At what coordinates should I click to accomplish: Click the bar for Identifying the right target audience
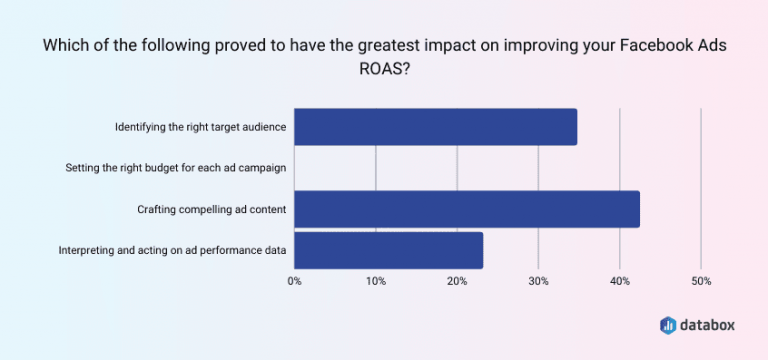(436, 127)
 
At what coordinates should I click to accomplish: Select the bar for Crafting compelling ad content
(467, 209)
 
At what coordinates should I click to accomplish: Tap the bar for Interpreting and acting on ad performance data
(389, 250)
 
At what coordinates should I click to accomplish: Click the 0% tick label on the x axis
(295, 282)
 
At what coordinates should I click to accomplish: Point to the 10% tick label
(376, 282)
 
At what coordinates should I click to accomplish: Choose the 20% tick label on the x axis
(457, 282)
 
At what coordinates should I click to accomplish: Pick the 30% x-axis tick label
(538, 282)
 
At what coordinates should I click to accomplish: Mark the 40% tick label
(620, 282)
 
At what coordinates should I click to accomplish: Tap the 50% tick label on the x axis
(701, 282)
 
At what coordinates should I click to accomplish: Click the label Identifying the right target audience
(200, 127)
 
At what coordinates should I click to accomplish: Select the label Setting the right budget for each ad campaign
(176, 168)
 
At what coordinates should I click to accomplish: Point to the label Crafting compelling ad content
(212, 209)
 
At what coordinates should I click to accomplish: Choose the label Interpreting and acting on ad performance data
(173, 250)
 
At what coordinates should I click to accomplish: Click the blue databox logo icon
(669, 325)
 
